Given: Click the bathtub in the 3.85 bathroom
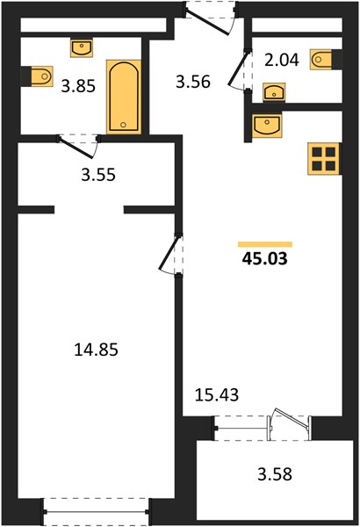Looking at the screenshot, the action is pyautogui.click(x=124, y=97).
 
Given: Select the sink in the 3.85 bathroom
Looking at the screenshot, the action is pyautogui.click(x=82, y=47).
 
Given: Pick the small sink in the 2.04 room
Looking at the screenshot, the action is pyautogui.click(x=274, y=91).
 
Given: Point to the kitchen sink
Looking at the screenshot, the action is pyautogui.click(x=267, y=126).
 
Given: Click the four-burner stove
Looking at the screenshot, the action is pyautogui.click(x=323, y=159).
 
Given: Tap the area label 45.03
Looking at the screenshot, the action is pyautogui.click(x=265, y=259).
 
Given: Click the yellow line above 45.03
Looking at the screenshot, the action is pyautogui.click(x=265, y=244).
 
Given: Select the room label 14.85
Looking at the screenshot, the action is pyautogui.click(x=96, y=350).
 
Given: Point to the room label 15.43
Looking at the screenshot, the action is pyautogui.click(x=217, y=394).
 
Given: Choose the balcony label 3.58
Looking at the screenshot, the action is pyautogui.click(x=275, y=474).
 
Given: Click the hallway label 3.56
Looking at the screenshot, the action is pyautogui.click(x=193, y=82).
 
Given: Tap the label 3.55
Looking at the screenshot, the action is pyautogui.click(x=98, y=175).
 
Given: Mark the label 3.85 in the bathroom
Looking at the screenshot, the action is pyautogui.click(x=78, y=86).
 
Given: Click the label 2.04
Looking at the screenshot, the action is pyautogui.click(x=282, y=60).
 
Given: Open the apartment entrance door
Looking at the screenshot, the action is pyautogui.click(x=207, y=22).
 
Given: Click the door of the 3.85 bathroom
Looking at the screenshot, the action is pyautogui.click(x=75, y=147).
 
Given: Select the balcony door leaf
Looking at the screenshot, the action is pyautogui.click(x=292, y=418).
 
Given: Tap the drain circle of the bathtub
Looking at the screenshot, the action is pyautogui.click(x=123, y=125).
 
